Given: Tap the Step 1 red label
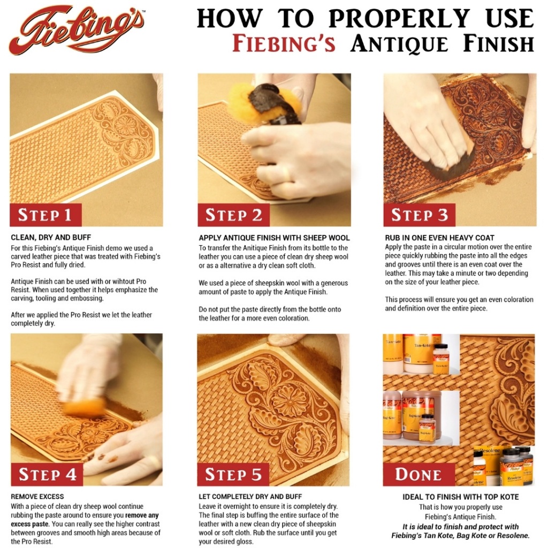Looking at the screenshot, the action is [45, 215].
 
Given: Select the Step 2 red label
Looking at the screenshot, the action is [233, 215].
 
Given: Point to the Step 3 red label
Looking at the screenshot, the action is [420, 215].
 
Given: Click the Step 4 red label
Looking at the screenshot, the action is [47, 474].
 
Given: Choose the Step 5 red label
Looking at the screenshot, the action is [233, 474].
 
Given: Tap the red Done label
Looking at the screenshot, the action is [418, 474].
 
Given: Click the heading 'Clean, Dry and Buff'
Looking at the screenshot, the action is [51, 238].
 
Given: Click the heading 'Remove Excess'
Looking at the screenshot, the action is [37, 497].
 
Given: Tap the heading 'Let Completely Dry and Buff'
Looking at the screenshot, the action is [250, 497].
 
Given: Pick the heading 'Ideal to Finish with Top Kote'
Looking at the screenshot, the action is [461, 497].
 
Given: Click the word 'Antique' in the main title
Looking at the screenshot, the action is [399, 44].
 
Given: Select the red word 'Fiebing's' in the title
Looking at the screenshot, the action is [284, 44].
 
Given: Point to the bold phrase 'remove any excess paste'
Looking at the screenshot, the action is [85, 520].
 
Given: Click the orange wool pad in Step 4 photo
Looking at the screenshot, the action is [85, 407].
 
